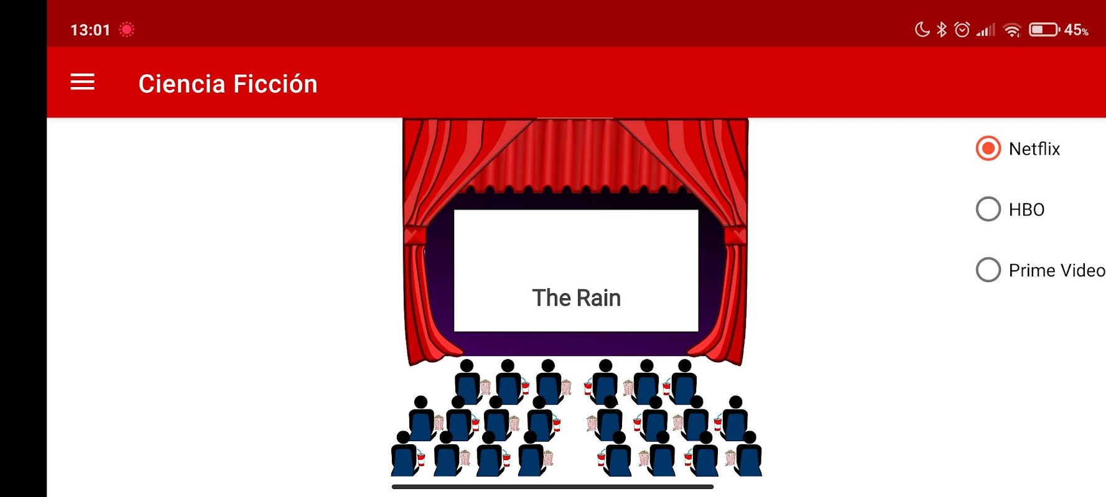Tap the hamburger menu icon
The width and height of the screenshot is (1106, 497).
click(82, 82)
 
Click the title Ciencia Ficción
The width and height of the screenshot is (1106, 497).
click(228, 84)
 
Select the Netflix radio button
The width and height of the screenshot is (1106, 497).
click(988, 148)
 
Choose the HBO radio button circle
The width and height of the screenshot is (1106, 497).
click(988, 209)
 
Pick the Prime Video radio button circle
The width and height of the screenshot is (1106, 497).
click(988, 270)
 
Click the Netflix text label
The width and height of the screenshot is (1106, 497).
click(1034, 149)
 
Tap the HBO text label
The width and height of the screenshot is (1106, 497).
click(1026, 210)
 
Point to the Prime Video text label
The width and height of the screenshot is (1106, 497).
click(1057, 270)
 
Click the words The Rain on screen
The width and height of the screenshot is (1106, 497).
click(576, 298)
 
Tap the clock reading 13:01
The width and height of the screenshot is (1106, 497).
click(90, 30)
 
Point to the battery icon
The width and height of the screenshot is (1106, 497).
click(1044, 29)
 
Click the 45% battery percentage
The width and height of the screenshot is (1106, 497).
click(1076, 30)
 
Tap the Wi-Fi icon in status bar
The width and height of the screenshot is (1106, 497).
click(1012, 30)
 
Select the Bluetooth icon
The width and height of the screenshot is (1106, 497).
click(942, 29)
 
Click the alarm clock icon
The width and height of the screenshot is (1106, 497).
click(962, 29)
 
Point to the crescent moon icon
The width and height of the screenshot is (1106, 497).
click(922, 29)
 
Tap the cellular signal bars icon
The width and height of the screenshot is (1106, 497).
click(986, 30)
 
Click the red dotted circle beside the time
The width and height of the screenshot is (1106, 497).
click(127, 29)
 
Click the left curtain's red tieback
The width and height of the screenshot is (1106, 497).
click(415, 235)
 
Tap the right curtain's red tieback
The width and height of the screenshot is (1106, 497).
click(735, 235)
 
